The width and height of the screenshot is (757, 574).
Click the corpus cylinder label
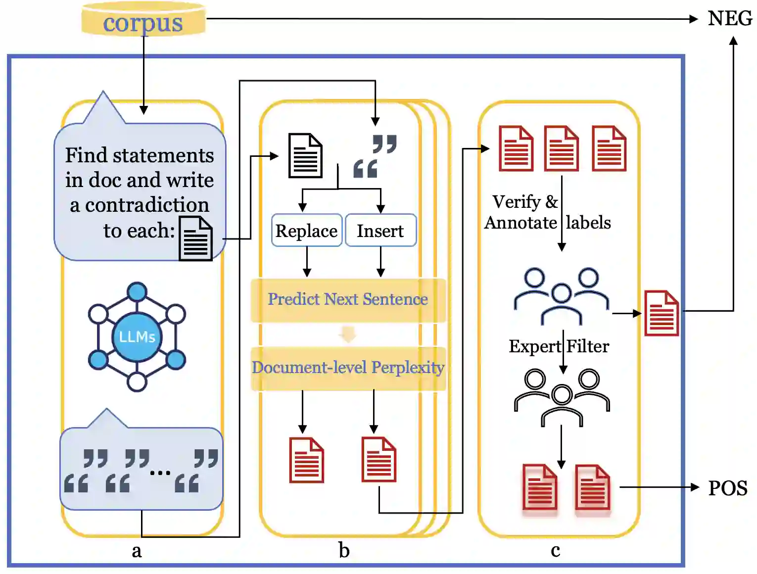pyautogui.click(x=143, y=23)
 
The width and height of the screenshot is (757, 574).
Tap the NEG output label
pyautogui.click(x=730, y=19)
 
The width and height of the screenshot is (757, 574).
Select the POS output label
pyautogui.click(x=727, y=488)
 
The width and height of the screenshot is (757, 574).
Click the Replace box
pyautogui.click(x=306, y=231)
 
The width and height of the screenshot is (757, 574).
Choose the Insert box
pyautogui.click(x=380, y=231)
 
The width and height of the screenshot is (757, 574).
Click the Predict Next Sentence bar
pyautogui.click(x=348, y=299)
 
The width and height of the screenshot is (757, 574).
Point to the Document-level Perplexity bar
pyautogui.click(x=348, y=368)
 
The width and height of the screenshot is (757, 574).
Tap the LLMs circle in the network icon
pyautogui.click(x=137, y=337)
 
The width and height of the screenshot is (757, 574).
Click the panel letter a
pyautogui.click(x=137, y=550)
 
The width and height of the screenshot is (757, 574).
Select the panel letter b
pyautogui.click(x=344, y=550)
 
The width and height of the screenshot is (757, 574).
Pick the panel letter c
pyautogui.click(x=555, y=550)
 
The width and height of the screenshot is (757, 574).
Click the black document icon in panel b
pyautogui.click(x=305, y=155)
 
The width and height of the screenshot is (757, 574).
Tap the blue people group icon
pyautogui.click(x=561, y=295)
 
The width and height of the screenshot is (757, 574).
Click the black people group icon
pyautogui.click(x=562, y=396)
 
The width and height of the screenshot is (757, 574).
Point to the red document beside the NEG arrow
pyautogui.click(x=662, y=313)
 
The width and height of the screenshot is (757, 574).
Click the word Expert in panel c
pyautogui.click(x=534, y=346)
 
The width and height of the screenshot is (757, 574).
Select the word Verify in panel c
pyautogui.click(x=517, y=202)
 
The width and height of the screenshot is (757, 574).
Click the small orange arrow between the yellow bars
pyautogui.click(x=348, y=335)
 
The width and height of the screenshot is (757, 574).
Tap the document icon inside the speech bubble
pyautogui.click(x=195, y=239)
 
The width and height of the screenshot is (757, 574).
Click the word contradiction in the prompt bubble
pyautogui.click(x=147, y=205)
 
